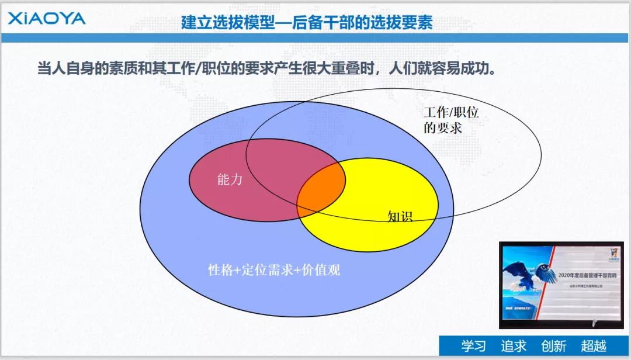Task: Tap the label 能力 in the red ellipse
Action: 229,180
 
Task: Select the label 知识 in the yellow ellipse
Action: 400,217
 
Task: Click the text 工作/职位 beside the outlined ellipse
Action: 450,113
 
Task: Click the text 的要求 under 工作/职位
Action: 442,127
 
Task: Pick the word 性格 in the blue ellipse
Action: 220,270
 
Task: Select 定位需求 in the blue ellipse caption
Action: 265,270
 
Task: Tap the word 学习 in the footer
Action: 473,346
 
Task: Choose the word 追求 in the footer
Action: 514,346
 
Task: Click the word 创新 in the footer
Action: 553,346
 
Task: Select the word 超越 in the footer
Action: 593,346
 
